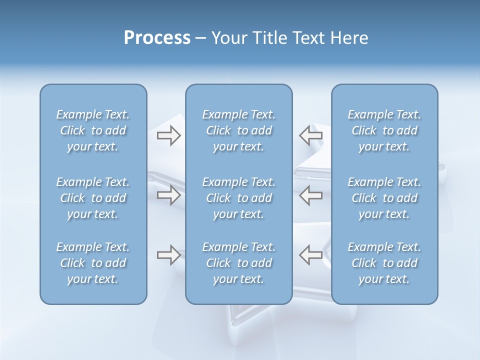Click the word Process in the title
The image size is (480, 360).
point(157,38)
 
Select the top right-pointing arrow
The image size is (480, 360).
point(168,135)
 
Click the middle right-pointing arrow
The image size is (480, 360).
point(168,195)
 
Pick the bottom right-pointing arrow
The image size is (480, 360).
point(168,255)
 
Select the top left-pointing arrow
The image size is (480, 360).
point(311,135)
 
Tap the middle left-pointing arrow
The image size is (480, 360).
point(311,195)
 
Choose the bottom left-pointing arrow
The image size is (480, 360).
point(311,255)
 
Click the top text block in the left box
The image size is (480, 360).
point(93,130)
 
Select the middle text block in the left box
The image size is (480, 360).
point(93,198)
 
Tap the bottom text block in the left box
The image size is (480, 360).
point(93,263)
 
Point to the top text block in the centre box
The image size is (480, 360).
point(239,130)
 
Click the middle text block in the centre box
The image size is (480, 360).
point(239,198)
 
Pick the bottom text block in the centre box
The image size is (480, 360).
point(239,263)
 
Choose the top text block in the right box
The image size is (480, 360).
point(384,130)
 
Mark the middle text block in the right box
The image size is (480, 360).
point(384,198)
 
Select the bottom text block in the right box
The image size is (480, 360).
point(384,263)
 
